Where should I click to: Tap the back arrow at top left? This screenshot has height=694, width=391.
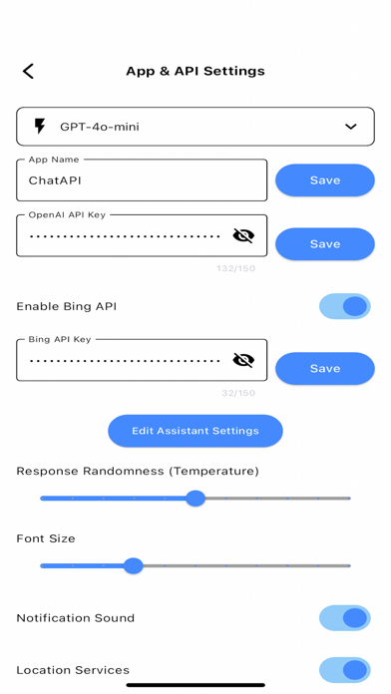tap(28, 71)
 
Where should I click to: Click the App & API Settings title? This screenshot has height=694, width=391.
tap(195, 72)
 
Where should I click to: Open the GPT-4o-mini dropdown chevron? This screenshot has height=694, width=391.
tap(350, 127)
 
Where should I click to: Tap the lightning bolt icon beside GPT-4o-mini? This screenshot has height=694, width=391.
tap(40, 127)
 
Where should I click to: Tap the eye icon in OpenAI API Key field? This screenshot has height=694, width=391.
tap(242, 236)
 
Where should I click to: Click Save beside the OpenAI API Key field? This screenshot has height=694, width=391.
tap(324, 244)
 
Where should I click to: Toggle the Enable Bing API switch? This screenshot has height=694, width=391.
tap(345, 306)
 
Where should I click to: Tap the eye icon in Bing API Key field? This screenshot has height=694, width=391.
tap(242, 360)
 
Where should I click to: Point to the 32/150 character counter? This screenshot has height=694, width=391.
tap(236, 392)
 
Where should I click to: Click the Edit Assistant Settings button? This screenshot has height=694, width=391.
tap(195, 431)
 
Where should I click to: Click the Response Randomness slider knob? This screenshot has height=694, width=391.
tap(195, 498)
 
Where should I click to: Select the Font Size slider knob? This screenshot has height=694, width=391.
tap(134, 565)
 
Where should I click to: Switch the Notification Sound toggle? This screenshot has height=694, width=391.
tap(345, 618)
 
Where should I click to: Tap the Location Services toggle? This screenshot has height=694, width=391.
tap(345, 670)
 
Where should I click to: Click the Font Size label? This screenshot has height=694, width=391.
tap(46, 538)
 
